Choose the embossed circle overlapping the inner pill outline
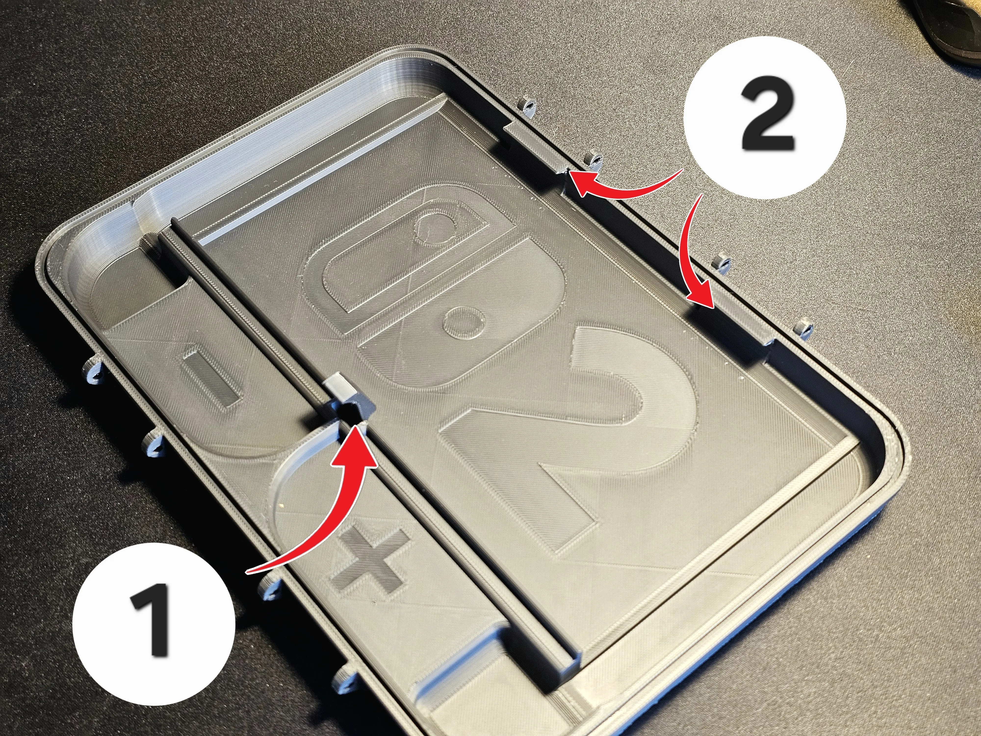(x=435, y=228)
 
